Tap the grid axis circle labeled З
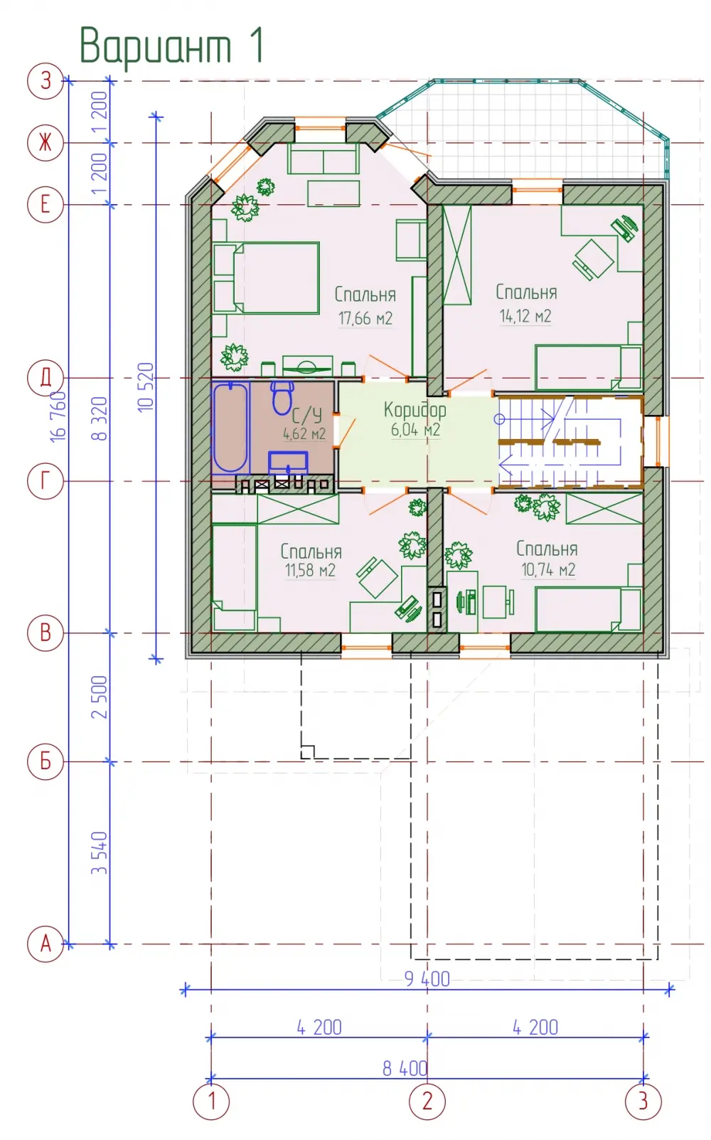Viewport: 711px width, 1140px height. tap(46, 80)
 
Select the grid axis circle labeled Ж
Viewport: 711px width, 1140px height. tap(46, 142)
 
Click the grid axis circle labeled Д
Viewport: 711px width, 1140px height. tap(46, 378)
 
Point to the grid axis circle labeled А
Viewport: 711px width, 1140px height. tap(46, 944)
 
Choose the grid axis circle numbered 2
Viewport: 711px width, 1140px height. tap(427, 1102)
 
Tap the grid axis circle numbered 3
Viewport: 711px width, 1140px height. tap(643, 1102)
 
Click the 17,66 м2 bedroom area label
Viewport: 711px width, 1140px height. tap(365, 319)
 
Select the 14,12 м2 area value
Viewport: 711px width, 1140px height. tap(525, 316)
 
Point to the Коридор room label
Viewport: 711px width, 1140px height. tap(415, 409)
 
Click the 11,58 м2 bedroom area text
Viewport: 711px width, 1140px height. tap(310, 570)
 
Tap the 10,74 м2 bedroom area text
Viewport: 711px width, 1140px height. tap(548, 569)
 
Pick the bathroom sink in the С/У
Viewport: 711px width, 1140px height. tap(288, 463)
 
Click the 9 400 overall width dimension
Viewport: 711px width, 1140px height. tap(427, 978)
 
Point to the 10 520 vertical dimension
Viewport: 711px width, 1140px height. tap(146, 387)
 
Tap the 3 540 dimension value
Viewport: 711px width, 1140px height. tap(99, 853)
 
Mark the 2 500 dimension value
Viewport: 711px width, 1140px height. tap(99, 697)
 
